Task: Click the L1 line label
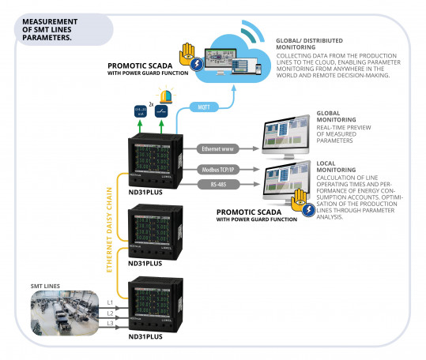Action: click(x=110, y=302)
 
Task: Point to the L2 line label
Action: click(x=110, y=313)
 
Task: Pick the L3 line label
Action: click(x=110, y=324)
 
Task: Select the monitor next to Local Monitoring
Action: click(x=288, y=182)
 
